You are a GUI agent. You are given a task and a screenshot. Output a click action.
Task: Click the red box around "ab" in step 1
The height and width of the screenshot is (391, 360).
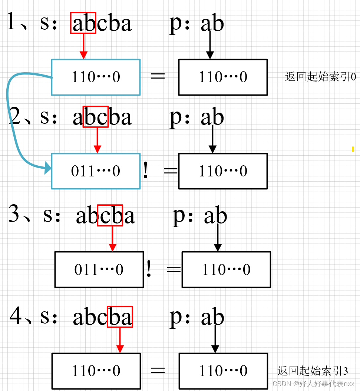click(83, 23)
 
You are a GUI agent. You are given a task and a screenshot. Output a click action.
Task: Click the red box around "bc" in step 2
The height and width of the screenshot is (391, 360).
click(96, 117)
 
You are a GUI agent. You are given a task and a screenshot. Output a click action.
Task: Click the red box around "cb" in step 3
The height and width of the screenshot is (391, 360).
click(110, 215)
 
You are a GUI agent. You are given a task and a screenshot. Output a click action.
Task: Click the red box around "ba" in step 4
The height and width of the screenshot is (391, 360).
click(120, 317)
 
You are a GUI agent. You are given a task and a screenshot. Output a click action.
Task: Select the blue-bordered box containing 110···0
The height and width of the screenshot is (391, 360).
click(96, 77)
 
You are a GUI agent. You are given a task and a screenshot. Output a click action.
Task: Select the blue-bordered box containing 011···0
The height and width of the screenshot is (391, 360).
click(96, 171)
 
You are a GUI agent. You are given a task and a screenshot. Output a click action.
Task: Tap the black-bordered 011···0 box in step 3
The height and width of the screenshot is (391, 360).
click(99, 269)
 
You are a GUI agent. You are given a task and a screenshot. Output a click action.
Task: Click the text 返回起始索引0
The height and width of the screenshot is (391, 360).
click(320, 77)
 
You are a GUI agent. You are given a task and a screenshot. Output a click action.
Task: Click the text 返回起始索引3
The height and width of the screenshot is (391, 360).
click(313, 371)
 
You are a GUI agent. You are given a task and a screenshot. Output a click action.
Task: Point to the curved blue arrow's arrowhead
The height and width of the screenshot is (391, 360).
click(48, 169)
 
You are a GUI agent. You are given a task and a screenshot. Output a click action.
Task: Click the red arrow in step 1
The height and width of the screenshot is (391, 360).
click(84, 46)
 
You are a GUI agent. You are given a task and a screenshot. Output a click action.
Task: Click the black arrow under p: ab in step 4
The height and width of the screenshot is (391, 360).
click(215, 339)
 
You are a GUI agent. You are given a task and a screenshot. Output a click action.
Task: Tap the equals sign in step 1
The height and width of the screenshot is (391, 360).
click(158, 76)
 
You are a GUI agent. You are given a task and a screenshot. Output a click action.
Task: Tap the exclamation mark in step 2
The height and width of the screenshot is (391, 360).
click(146, 171)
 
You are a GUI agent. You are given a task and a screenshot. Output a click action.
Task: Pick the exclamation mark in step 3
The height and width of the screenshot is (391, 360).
click(149, 269)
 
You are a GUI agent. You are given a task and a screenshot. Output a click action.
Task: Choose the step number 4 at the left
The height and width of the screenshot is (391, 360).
click(16, 316)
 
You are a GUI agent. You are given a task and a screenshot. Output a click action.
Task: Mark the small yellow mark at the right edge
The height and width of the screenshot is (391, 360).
click(353, 149)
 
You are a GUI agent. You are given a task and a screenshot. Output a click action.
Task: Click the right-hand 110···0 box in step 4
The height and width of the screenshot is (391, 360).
click(223, 371)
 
